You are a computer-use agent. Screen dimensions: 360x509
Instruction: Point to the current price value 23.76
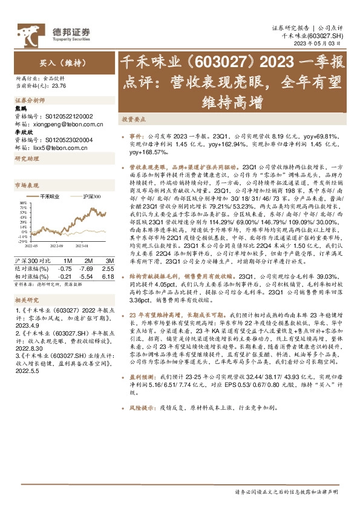[60, 86]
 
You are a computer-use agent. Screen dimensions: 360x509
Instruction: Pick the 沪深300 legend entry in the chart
[91, 197]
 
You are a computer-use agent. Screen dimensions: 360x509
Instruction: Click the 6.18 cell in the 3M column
[108, 276]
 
